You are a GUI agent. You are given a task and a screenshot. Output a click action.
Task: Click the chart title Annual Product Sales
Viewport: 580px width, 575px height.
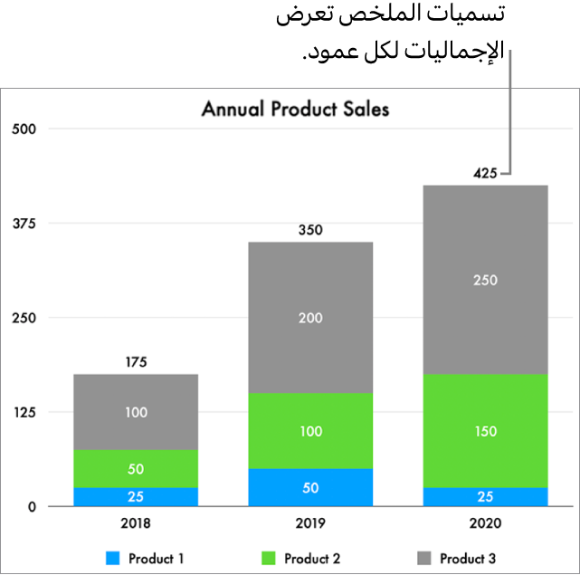coord(295,110)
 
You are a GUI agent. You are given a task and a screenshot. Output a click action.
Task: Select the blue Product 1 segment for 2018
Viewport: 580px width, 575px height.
coord(136,496)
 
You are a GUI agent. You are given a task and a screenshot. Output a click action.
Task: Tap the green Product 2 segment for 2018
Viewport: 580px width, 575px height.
coord(136,468)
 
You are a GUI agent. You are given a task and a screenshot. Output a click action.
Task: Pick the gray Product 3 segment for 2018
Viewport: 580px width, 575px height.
coord(136,412)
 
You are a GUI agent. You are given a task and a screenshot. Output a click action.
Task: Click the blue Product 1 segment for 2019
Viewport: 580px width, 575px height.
coord(310,487)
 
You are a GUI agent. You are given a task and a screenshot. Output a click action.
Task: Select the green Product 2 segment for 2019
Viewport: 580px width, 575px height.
coord(310,430)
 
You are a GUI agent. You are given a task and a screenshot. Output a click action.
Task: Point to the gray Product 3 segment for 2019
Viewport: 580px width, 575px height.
coord(310,317)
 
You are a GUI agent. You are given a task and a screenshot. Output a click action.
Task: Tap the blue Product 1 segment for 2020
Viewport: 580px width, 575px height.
coord(485,496)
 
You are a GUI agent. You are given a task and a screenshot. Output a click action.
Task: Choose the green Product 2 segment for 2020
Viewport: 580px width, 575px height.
coord(485,430)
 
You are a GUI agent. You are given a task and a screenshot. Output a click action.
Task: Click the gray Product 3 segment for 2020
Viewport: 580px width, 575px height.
coord(485,280)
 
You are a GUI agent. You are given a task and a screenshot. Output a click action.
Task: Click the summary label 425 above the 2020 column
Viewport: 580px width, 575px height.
coord(485,173)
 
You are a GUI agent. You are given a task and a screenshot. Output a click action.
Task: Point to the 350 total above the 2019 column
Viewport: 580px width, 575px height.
coord(310,230)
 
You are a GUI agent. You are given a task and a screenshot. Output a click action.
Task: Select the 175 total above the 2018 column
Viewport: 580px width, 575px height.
coord(136,362)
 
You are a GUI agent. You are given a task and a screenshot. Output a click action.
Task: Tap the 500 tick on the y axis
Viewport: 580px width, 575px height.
coord(24,129)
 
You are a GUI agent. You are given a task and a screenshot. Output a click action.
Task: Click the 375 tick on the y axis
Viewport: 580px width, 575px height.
coord(24,223)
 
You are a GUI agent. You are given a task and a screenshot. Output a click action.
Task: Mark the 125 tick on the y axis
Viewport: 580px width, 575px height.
coord(24,412)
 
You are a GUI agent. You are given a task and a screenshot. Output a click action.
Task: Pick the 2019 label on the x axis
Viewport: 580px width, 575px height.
coord(310,523)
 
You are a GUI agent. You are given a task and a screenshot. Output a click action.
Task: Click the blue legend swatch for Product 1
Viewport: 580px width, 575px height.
coord(113,559)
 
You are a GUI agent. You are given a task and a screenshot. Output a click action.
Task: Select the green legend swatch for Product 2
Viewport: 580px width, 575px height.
coord(269,559)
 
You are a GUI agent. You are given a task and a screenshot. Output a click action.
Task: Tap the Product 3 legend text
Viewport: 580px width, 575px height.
coord(468,559)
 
